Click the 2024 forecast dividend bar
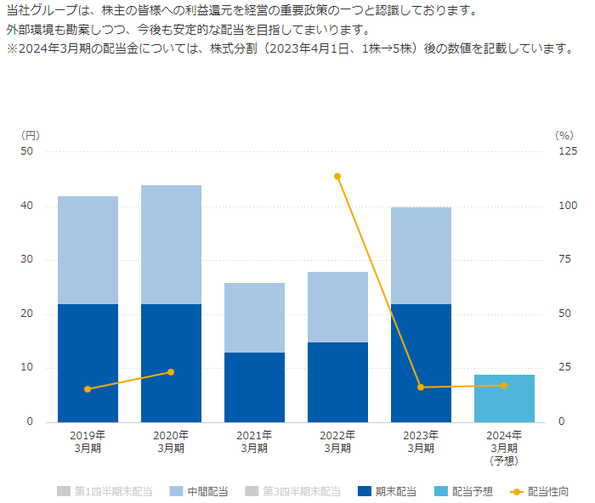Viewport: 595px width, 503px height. (x=504, y=398)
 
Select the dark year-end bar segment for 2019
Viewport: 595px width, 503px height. (x=88, y=363)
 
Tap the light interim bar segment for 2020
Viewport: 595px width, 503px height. (x=171, y=245)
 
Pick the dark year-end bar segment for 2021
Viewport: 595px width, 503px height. (x=254, y=387)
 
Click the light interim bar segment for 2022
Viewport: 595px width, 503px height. (x=337, y=307)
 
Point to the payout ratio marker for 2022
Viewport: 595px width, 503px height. (x=337, y=177)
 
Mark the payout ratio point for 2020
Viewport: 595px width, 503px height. (x=171, y=372)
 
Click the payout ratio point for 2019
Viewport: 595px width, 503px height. (x=88, y=389)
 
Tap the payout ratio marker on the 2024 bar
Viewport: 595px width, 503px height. (x=504, y=386)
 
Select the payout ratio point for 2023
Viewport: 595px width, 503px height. (x=421, y=387)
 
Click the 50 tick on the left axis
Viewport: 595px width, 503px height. (x=27, y=152)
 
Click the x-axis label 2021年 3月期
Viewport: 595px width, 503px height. (x=254, y=442)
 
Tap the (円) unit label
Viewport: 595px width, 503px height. (x=30, y=134)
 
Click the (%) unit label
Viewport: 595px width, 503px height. (x=564, y=134)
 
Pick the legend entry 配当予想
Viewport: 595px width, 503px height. (x=463, y=491)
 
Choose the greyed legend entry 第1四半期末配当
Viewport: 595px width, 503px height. (x=105, y=491)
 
